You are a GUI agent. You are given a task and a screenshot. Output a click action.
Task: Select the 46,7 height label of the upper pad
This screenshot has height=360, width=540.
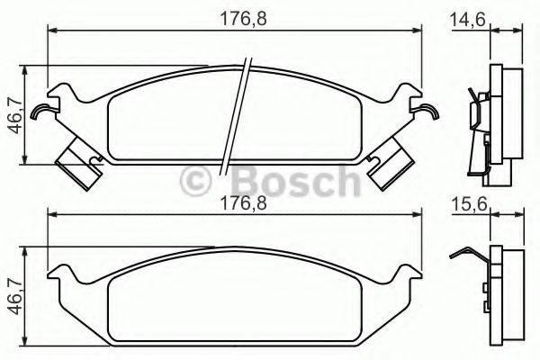[12, 114]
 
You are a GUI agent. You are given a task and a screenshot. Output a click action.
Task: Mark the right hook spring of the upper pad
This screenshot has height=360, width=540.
[428, 112]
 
